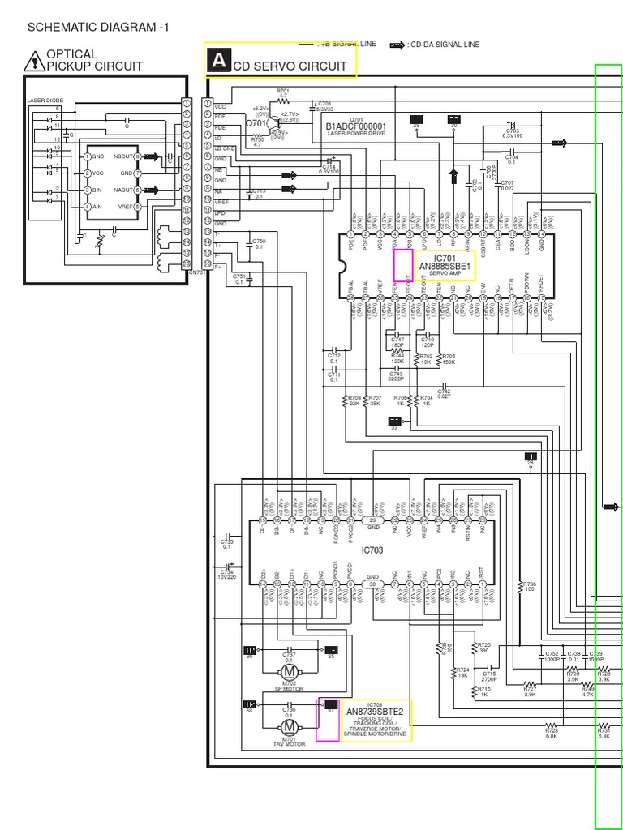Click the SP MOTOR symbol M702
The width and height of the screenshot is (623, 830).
pos(290,671)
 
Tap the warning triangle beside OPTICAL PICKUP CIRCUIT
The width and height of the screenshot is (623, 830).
pos(35,60)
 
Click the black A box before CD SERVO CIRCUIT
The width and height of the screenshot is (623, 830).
pos(217,61)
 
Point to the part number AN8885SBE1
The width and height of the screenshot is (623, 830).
pos(445,265)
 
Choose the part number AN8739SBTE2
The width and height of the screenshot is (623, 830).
pos(376,712)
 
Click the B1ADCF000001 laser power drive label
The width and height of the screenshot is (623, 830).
pos(356,126)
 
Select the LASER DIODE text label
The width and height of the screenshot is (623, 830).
pos(45,101)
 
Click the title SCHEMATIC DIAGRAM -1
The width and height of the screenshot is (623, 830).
pos(98,27)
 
